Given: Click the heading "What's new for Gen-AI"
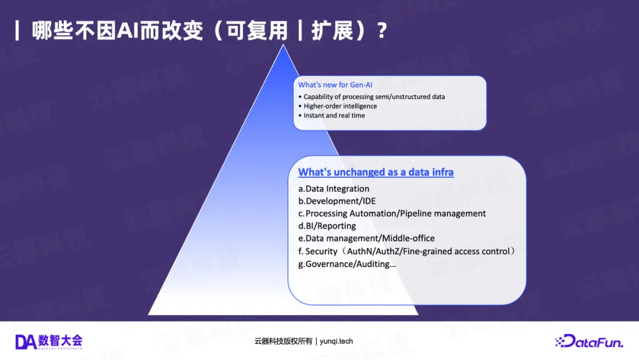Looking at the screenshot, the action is click(x=335, y=85).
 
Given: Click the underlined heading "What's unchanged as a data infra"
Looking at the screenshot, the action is click(x=376, y=172).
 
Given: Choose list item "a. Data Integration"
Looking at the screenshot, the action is click(x=334, y=189).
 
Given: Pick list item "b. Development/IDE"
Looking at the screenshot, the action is click(x=337, y=201).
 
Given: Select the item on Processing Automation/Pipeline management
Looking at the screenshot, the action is click(x=392, y=214).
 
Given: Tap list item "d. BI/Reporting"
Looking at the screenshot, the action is click(x=327, y=226).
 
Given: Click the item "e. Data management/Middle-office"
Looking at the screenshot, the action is click(x=366, y=238).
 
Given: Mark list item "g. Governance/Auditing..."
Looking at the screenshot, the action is click(x=347, y=264).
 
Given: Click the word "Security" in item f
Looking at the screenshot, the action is click(x=321, y=252).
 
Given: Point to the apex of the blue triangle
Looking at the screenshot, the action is click(x=283, y=45).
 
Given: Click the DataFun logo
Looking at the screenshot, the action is click(x=589, y=341).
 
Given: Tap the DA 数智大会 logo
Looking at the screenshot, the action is click(x=49, y=342).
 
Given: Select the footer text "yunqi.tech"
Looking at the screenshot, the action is click(x=336, y=341).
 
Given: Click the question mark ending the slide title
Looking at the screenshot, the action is click(x=382, y=31).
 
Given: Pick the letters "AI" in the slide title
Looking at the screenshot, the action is click(x=128, y=31).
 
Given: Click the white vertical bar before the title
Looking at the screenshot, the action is click(x=17, y=31).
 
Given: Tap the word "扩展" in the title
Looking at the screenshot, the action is click(x=332, y=31).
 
